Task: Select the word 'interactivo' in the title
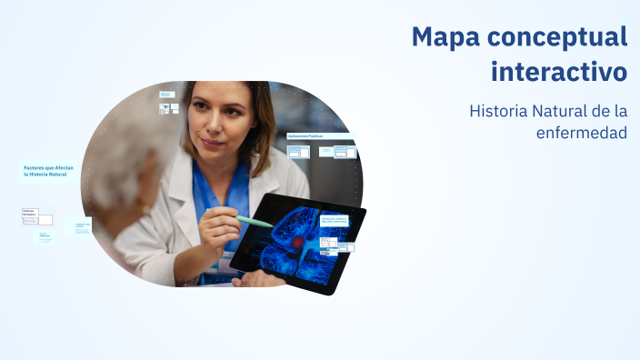pyautogui.click(x=559, y=70)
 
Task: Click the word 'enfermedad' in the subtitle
pyautogui.click(x=582, y=133)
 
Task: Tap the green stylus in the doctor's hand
pyautogui.click(x=255, y=221)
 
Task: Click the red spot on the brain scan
pyautogui.click(x=296, y=243)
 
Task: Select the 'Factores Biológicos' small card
pyautogui.click(x=30, y=215)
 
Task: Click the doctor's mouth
pyautogui.click(x=211, y=143)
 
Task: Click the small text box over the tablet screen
pyautogui.click(x=334, y=220)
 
